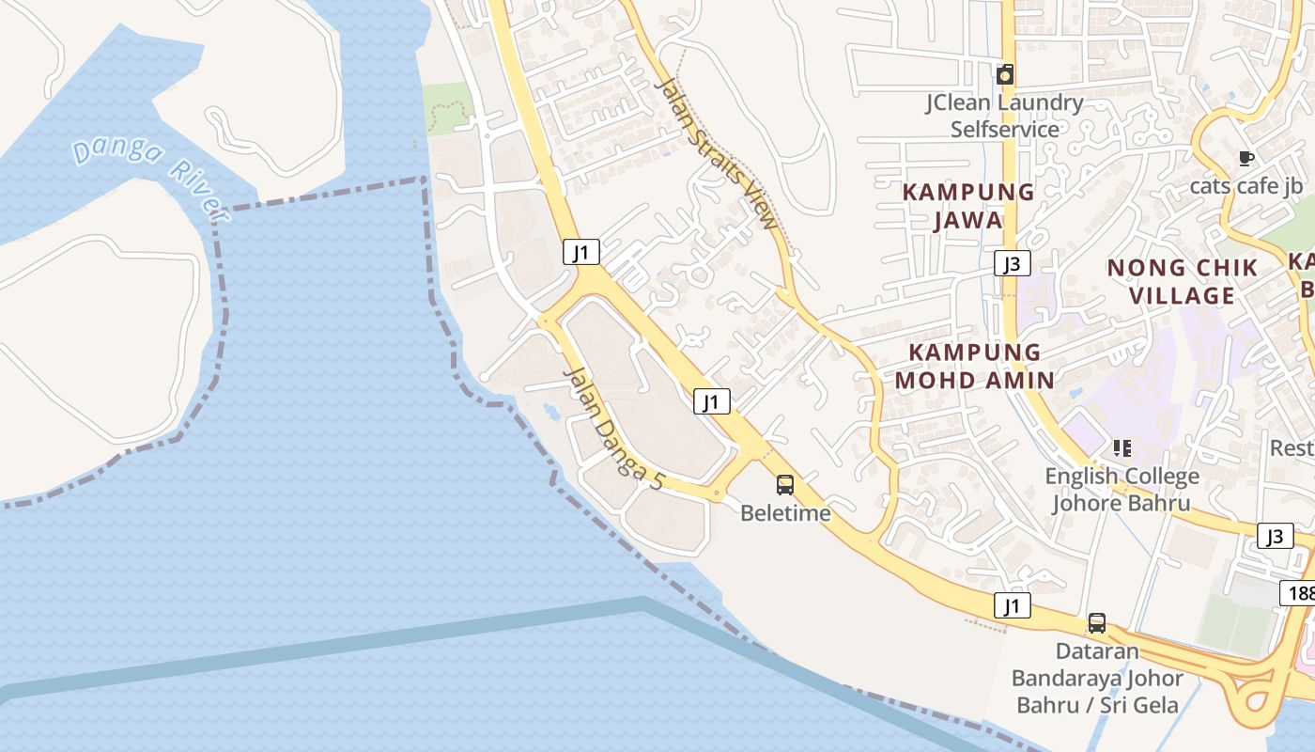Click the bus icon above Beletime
785,485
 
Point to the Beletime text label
785,513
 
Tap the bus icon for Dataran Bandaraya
1096,622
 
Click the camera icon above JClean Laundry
1005,74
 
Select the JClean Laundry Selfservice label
1004,116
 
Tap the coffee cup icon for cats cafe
1246,158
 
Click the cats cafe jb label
1245,186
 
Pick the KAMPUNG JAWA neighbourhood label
968,206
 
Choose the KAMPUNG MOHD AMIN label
974,366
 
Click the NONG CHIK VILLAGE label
1182,282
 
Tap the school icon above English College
1122,448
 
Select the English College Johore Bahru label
1122,490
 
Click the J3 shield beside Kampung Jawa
1012,263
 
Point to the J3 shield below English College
1274,536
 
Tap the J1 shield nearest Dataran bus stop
1012,605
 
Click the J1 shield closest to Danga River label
581,252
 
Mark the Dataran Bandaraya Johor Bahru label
1097,678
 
